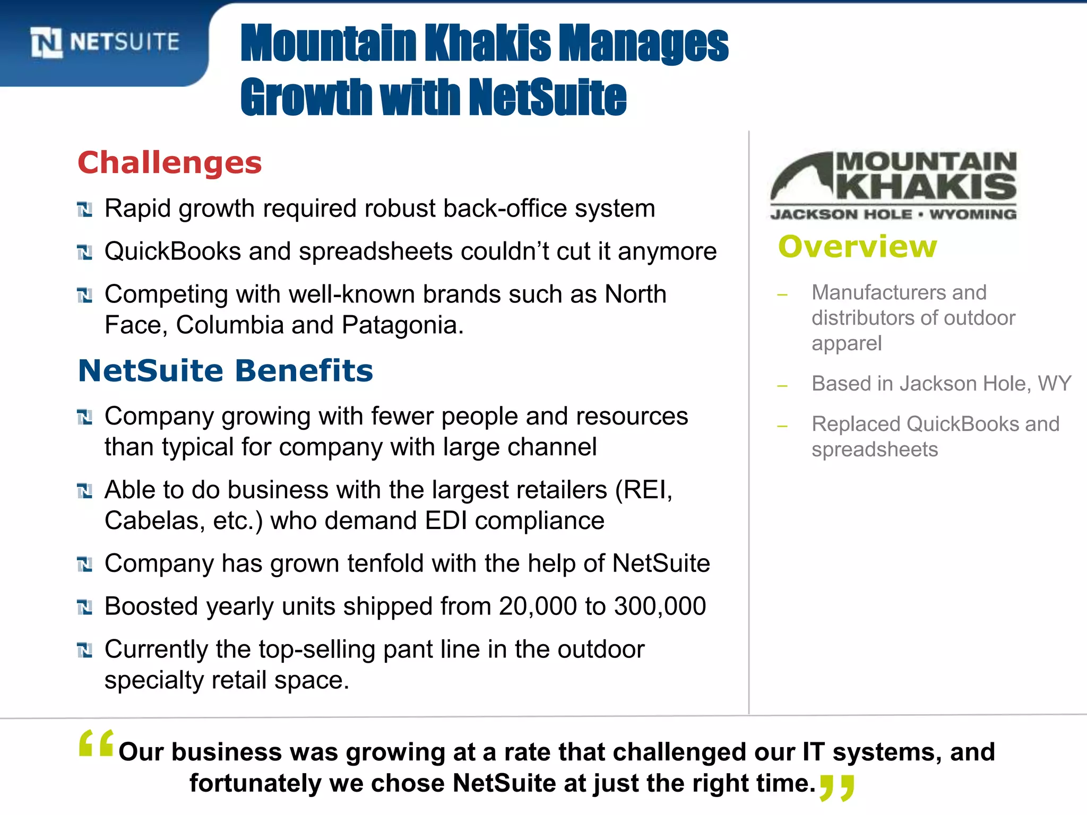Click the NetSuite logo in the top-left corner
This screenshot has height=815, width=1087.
105,42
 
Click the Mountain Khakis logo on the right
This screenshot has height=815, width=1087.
893,185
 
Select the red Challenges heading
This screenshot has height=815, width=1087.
170,162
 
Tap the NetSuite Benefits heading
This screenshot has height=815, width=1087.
226,370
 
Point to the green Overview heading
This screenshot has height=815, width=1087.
858,247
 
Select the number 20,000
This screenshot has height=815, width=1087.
538,606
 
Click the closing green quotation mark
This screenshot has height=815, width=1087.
836,787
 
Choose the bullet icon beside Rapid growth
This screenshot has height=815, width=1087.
84,210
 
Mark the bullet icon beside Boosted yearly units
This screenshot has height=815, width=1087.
84,607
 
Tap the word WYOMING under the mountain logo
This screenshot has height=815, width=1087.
972,214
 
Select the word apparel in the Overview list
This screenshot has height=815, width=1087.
847,343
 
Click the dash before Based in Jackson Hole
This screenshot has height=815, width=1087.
782,386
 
